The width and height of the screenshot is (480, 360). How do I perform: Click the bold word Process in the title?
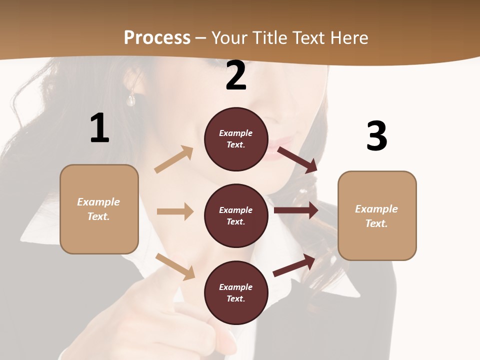pyautogui.click(x=157, y=37)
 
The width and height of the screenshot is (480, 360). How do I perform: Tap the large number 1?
pyautogui.click(x=99, y=128)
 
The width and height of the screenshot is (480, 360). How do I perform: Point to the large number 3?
pyautogui.click(x=376, y=136)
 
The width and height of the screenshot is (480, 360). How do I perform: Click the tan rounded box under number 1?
pyautogui.click(x=99, y=209)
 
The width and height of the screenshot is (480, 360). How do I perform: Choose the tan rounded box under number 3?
pyautogui.click(x=377, y=215)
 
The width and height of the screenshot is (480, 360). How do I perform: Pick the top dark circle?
pyautogui.click(x=236, y=139)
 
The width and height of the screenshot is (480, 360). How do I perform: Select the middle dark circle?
pyautogui.click(x=236, y=215)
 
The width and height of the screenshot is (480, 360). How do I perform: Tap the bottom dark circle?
pyautogui.click(x=236, y=292)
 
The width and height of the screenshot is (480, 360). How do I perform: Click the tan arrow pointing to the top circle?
pyautogui.click(x=174, y=159)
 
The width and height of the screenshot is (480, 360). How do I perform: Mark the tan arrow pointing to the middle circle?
pyautogui.click(x=175, y=211)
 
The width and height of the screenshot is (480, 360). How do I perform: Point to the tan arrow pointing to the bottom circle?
pyautogui.click(x=175, y=266)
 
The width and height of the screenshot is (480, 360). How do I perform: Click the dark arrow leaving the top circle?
pyautogui.click(x=297, y=159)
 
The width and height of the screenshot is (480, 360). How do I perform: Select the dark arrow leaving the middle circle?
pyautogui.click(x=296, y=210)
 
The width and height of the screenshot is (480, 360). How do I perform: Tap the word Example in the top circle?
pyautogui.click(x=236, y=133)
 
